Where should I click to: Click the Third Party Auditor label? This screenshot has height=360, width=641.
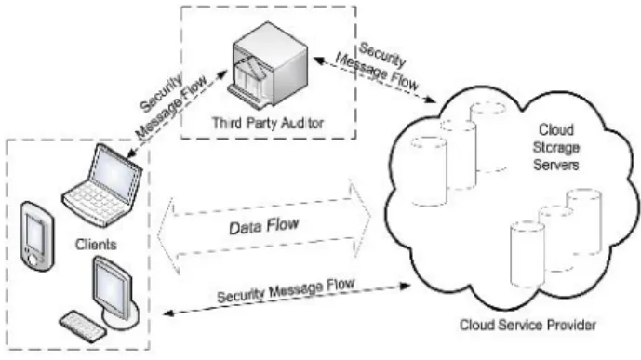pyautogui.click(x=268, y=123)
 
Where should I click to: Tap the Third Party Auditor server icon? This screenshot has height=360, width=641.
pyautogui.click(x=268, y=65)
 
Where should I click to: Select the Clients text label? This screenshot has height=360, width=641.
pyautogui.click(x=96, y=245)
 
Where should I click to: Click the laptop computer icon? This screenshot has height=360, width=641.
pyautogui.click(x=102, y=185)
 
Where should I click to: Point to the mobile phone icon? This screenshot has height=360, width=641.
pyautogui.click(x=37, y=236)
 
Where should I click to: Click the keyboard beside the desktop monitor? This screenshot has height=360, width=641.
pyautogui.click(x=82, y=327)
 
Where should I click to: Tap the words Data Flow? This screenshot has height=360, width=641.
pyautogui.click(x=264, y=226)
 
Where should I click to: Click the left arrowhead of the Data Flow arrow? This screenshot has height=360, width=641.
pyautogui.click(x=167, y=235)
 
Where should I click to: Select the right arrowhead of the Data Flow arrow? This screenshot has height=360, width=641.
pyautogui.click(x=361, y=219)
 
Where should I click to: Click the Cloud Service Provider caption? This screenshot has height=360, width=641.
pyautogui.click(x=527, y=326)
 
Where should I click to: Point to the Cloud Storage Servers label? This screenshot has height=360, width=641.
pyautogui.click(x=556, y=148)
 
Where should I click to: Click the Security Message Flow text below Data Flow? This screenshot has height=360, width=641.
pyautogui.click(x=286, y=290)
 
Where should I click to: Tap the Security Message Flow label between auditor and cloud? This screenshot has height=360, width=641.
pyautogui.click(x=377, y=67)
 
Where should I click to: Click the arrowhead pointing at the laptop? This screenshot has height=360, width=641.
pyautogui.click(x=131, y=154)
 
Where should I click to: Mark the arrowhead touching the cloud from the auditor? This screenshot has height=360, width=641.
pyautogui.click(x=429, y=100)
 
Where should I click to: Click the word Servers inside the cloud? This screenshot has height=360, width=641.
pyautogui.click(x=556, y=165)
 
